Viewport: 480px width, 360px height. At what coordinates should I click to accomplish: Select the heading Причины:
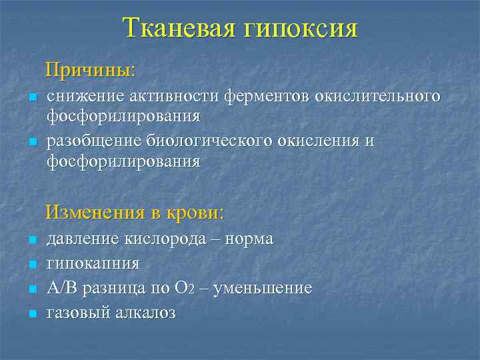tap(90, 69)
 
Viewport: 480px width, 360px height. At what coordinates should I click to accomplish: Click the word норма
tap(251, 239)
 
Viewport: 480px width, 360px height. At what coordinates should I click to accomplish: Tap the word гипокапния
tap(93, 264)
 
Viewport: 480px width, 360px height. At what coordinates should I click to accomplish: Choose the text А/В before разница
tap(62, 288)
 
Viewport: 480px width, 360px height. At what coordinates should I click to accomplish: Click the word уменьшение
tap(270, 289)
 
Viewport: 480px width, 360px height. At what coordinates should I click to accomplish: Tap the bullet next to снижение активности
tap(32, 98)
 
